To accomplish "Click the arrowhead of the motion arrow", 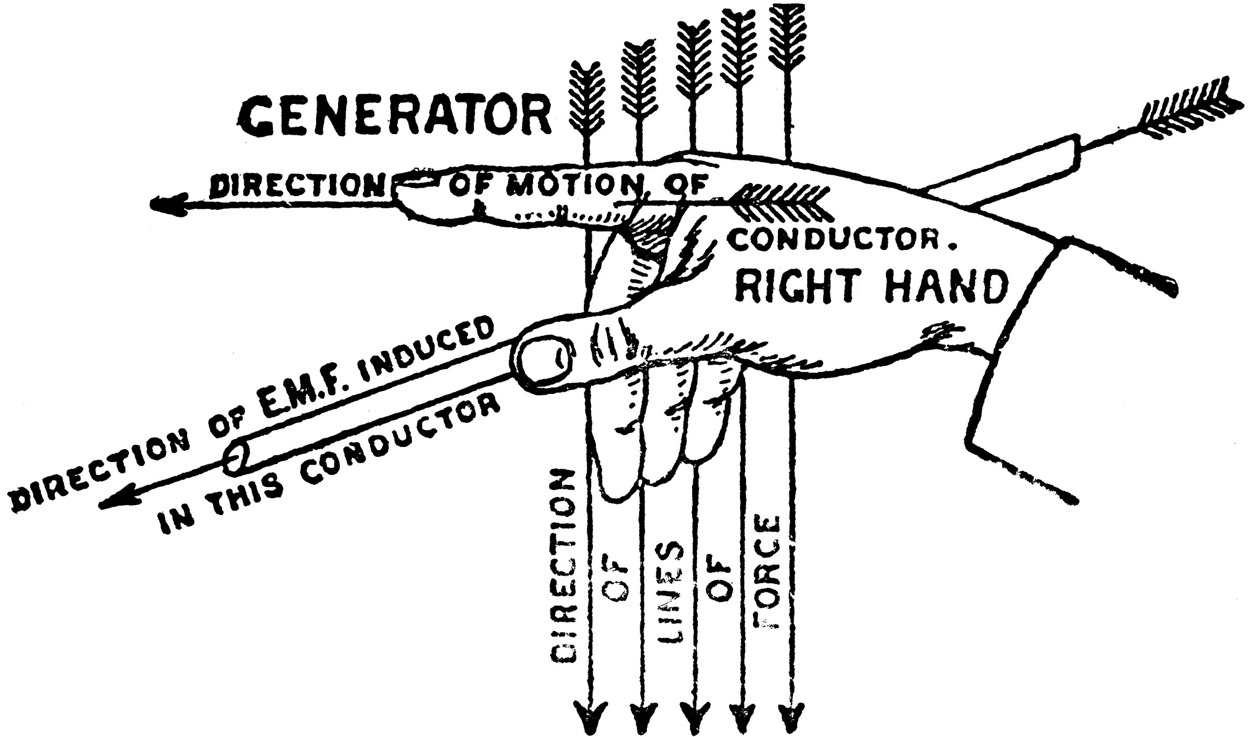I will (x=166, y=204).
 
